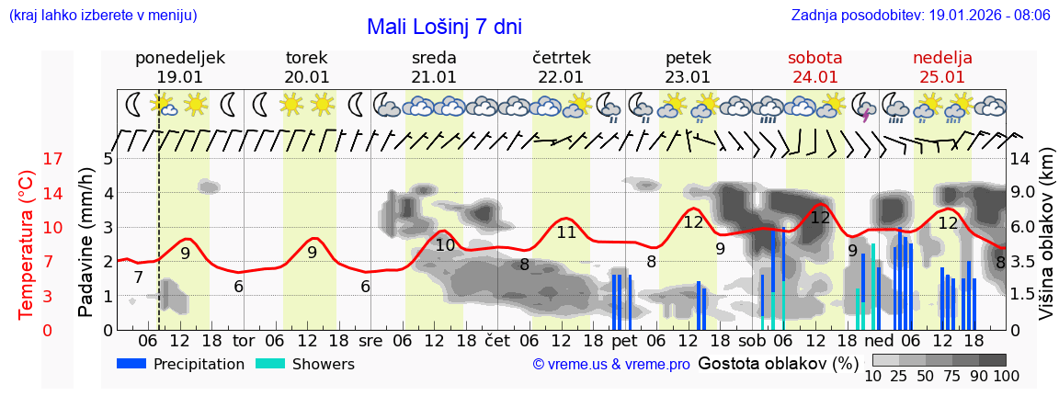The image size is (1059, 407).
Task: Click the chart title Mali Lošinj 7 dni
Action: point(444,27)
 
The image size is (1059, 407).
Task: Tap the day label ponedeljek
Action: point(179,58)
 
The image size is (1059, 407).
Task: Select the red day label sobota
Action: point(814,58)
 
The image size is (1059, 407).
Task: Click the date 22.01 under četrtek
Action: point(560,77)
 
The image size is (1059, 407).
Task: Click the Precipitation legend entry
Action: point(181,364)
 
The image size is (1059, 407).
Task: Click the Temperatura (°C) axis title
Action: point(28,244)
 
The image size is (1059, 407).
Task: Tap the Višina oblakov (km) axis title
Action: point(1046,244)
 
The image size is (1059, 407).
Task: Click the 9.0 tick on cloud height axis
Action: point(1024,193)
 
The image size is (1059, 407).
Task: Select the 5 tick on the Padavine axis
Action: point(108,159)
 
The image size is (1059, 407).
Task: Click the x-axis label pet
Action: point(624,340)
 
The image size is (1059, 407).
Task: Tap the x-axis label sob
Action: point(751,340)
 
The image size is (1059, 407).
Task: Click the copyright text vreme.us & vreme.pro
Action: point(611,364)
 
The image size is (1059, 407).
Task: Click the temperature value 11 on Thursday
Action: point(565,232)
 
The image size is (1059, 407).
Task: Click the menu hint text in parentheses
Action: point(103,16)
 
